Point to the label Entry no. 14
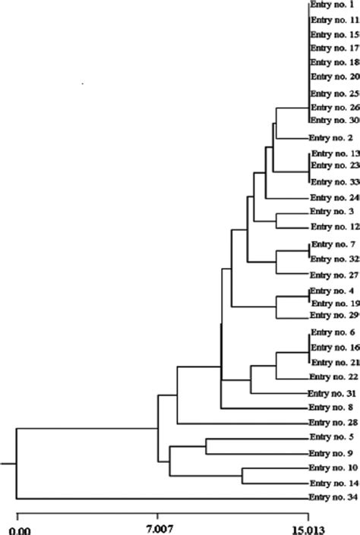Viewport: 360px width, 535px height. (x=331, y=526)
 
